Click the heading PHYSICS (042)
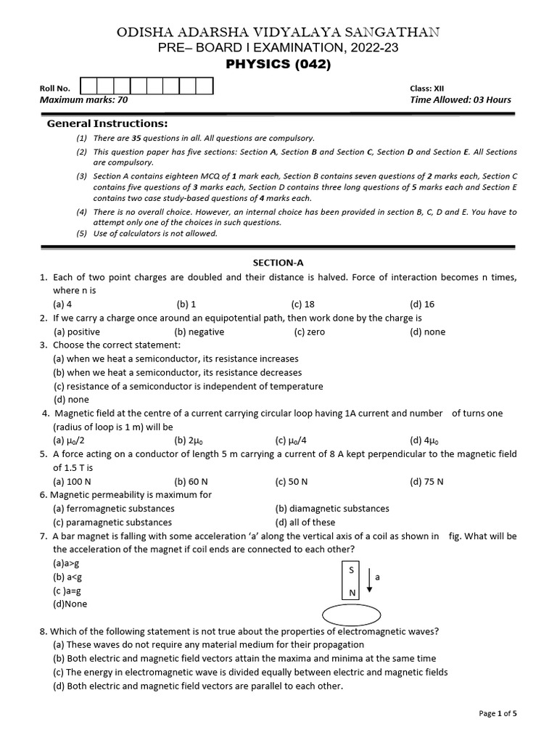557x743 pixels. tap(278, 65)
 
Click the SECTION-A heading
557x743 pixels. tap(278, 263)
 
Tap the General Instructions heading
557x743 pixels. tap(107, 123)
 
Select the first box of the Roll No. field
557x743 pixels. tap(88, 87)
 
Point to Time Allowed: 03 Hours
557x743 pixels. tap(460, 100)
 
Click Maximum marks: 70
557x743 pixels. tap(83, 100)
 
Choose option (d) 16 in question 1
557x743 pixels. tap(422, 304)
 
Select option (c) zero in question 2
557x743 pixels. tap(310, 332)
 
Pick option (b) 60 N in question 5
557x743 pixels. tap(189, 481)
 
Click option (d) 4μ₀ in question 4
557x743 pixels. tap(424, 440)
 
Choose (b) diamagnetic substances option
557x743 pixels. tap(332, 509)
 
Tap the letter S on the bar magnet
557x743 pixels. tap(352, 570)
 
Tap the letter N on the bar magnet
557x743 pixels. tap(352, 592)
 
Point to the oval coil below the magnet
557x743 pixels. tap(352, 615)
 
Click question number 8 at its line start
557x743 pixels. tap(44, 631)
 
